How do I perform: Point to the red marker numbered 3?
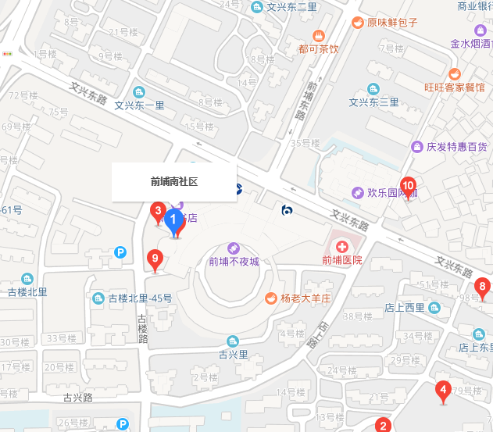[x=157, y=211]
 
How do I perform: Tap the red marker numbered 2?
[x=383, y=426]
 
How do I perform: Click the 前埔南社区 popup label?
[x=173, y=181]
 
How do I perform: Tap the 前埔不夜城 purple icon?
[x=233, y=248]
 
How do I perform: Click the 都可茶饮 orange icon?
[x=319, y=35]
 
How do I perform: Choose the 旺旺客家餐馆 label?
[x=454, y=87]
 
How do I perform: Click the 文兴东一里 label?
[x=139, y=105]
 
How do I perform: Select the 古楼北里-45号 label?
[x=140, y=298]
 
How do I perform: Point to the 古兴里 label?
[x=233, y=354]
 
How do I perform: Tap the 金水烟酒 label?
[x=470, y=45]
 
